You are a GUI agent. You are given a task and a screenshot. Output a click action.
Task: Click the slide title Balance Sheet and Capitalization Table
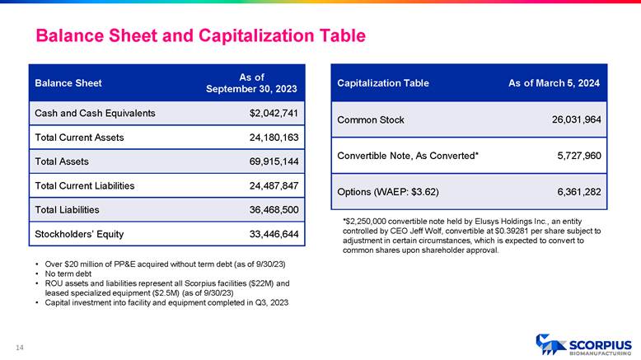click(199, 36)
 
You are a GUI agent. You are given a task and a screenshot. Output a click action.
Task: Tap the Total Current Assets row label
click(79, 138)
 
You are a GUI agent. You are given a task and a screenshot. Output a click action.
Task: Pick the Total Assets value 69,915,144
click(273, 162)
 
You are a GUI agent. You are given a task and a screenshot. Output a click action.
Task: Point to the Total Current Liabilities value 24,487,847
click(273, 186)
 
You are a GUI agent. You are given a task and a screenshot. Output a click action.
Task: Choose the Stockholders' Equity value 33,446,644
click(273, 235)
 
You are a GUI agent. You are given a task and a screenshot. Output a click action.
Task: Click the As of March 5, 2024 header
click(554, 83)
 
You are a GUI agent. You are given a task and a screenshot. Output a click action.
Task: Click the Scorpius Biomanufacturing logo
click(583, 345)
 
